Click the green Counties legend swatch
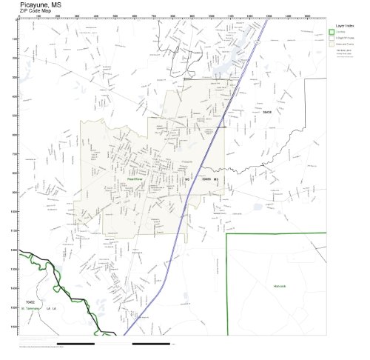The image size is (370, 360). tap(332, 32)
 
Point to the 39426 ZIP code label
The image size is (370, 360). tap(267, 112)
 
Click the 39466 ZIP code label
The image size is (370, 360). tap(206, 179)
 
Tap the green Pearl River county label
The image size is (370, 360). tap(134, 179)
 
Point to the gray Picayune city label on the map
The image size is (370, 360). tap(187, 161)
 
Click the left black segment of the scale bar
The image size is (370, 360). tap(75, 344)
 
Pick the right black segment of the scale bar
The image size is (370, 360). tap(151, 344)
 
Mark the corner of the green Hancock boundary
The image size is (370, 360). tap(226, 234)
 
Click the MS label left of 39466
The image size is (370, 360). tap(188, 179)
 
